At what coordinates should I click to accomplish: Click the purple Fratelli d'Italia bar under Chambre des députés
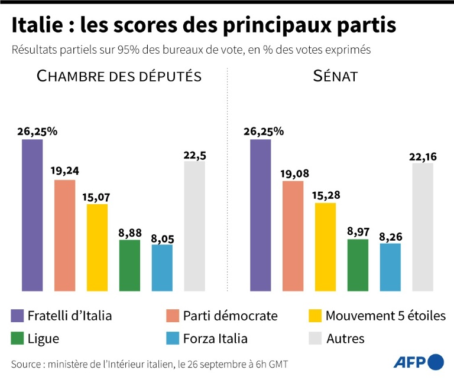[x=32, y=215]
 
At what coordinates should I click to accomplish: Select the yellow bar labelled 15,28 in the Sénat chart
[x=325, y=247]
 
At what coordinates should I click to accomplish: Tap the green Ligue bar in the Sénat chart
[x=358, y=265]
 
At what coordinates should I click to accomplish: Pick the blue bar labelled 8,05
[x=162, y=268]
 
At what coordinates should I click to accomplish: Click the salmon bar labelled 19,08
[x=293, y=236]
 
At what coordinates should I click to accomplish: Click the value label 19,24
[x=64, y=171]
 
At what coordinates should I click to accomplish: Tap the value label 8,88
[x=129, y=231]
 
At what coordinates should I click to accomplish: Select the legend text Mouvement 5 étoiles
[x=385, y=316]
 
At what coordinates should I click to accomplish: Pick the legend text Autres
[x=345, y=339]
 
